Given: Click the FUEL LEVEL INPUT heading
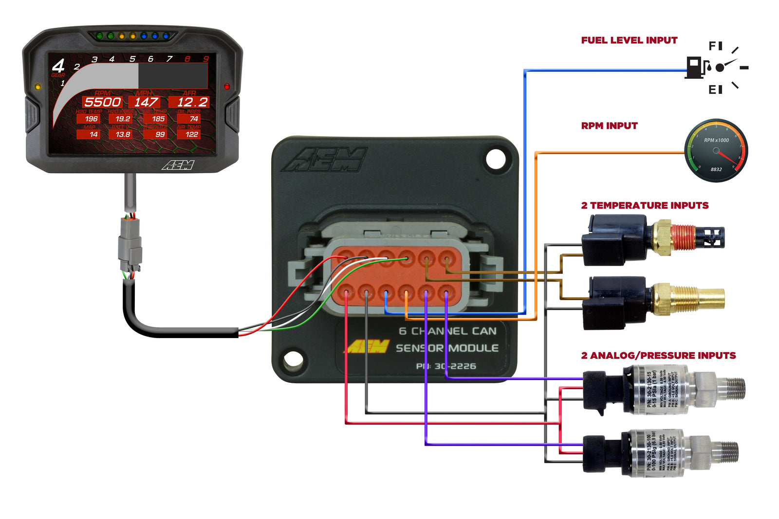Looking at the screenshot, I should tap(629, 40).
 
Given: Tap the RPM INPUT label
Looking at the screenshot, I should tap(609, 126).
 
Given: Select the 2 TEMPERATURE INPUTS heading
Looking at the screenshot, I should tap(645, 206).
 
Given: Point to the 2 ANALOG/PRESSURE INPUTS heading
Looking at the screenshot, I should tap(658, 356).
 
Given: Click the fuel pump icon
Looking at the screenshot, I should tap(695, 68).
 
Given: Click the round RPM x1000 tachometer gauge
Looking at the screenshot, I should tap(716, 151).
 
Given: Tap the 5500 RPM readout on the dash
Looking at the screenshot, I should tap(102, 102).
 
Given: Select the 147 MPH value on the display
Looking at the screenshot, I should tap(146, 102).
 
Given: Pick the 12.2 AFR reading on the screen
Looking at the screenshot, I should tap(192, 102).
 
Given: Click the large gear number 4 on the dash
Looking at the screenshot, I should tap(58, 65).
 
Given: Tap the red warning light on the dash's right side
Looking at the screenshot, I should tap(226, 87).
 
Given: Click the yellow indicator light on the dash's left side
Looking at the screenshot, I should tap(37, 87).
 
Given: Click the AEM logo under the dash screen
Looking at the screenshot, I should tap(178, 165).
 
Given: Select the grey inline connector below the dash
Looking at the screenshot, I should tap(130, 243).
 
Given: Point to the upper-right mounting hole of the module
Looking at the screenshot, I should tap(496, 159).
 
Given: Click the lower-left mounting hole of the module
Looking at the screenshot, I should tap(293, 360).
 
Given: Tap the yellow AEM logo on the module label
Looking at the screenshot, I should tap(368, 347).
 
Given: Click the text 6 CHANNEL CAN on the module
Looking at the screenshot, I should tap(447, 331).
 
